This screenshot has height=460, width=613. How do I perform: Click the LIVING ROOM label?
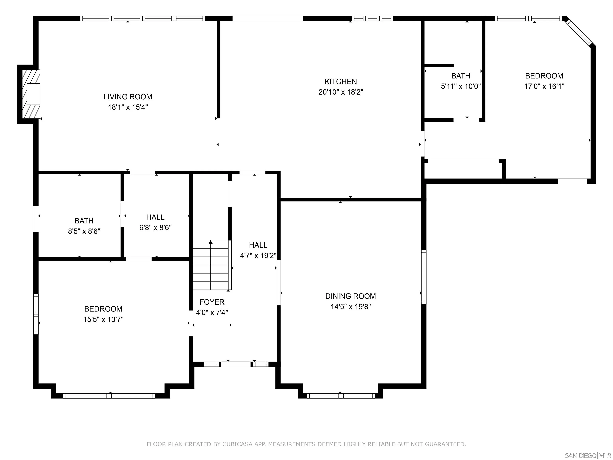(128, 97)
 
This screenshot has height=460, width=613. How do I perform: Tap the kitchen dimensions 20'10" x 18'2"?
(341, 92)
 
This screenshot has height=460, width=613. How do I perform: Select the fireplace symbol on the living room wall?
(31, 94)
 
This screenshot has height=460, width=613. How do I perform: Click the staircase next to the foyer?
(211, 265)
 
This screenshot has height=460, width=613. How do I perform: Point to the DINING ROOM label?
(350, 296)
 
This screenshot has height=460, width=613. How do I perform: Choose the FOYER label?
(212, 302)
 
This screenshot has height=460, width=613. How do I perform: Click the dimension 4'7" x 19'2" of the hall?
(258, 255)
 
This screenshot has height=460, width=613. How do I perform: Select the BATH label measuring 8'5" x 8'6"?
(84, 221)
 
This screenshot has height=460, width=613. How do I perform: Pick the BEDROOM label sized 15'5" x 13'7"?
(103, 309)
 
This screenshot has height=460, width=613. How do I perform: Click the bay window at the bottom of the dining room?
(341, 396)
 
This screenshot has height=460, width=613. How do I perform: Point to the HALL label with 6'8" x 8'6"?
(155, 217)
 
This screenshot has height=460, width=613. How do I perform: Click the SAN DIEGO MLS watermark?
(587, 456)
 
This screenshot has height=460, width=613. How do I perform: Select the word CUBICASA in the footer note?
(237, 444)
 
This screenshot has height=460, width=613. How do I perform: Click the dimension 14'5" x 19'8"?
(350, 307)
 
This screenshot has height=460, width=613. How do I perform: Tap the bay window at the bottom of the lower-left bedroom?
(109, 396)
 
